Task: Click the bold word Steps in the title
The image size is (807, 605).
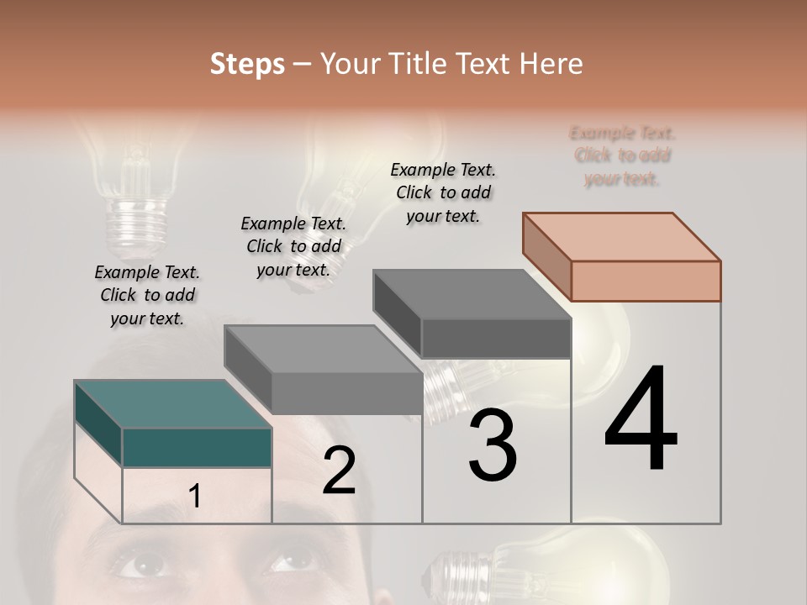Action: tap(247, 64)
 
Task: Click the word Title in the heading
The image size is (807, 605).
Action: tap(417, 64)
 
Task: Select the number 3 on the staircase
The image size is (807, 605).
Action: tap(493, 445)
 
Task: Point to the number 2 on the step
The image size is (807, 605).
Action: tap(339, 471)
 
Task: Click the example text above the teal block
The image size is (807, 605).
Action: tap(148, 295)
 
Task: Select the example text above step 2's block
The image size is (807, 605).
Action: tap(293, 246)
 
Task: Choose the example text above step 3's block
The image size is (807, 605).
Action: tap(443, 192)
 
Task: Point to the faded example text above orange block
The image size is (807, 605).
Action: tap(622, 155)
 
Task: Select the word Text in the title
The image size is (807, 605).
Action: tap(483, 64)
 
